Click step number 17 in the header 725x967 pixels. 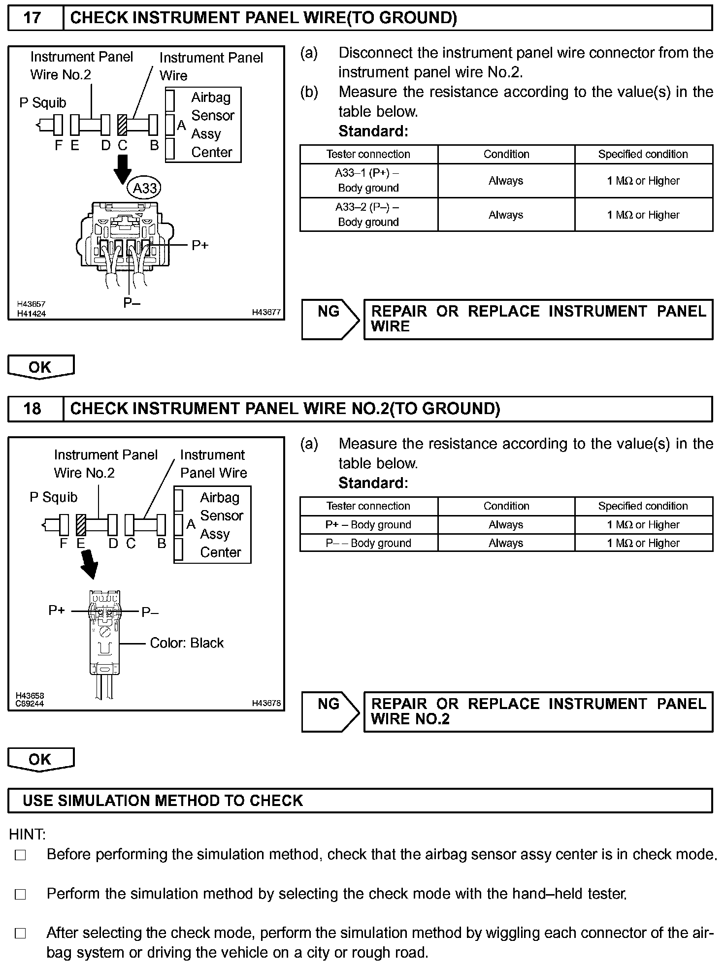(33, 18)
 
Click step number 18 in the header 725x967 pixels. (33, 409)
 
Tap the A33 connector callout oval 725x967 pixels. (145, 188)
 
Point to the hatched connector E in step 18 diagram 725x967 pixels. (81, 525)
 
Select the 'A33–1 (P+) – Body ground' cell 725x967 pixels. (368, 181)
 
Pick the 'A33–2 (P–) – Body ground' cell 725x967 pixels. (368, 215)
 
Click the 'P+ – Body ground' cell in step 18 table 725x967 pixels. (368, 525)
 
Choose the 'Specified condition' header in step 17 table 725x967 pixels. (643, 154)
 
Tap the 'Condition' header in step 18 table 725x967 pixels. (506, 506)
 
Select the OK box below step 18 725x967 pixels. (40, 759)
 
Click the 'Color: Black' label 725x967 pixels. (187, 643)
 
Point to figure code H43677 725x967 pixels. (266, 312)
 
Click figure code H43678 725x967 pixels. (266, 704)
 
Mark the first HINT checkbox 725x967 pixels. (20, 856)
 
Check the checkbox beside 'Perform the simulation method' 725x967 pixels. (20, 895)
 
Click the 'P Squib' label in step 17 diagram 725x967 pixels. (42, 103)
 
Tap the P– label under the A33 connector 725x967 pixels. (132, 303)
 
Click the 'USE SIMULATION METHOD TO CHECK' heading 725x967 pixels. (163, 801)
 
